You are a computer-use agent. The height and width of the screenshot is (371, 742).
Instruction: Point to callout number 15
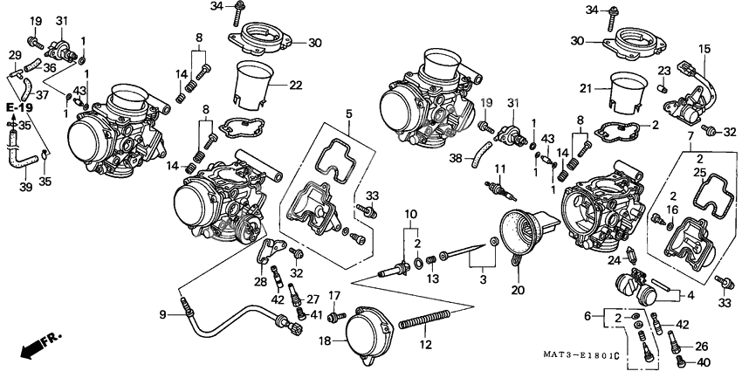705,50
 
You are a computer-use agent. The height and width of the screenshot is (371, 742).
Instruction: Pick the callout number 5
348,113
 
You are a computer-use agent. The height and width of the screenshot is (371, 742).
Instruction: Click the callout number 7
690,138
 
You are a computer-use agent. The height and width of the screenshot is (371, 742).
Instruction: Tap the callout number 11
500,168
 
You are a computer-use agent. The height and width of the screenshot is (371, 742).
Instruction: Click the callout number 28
261,281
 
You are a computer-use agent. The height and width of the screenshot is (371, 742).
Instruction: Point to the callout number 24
614,260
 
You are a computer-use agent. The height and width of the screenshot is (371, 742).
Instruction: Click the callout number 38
455,159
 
